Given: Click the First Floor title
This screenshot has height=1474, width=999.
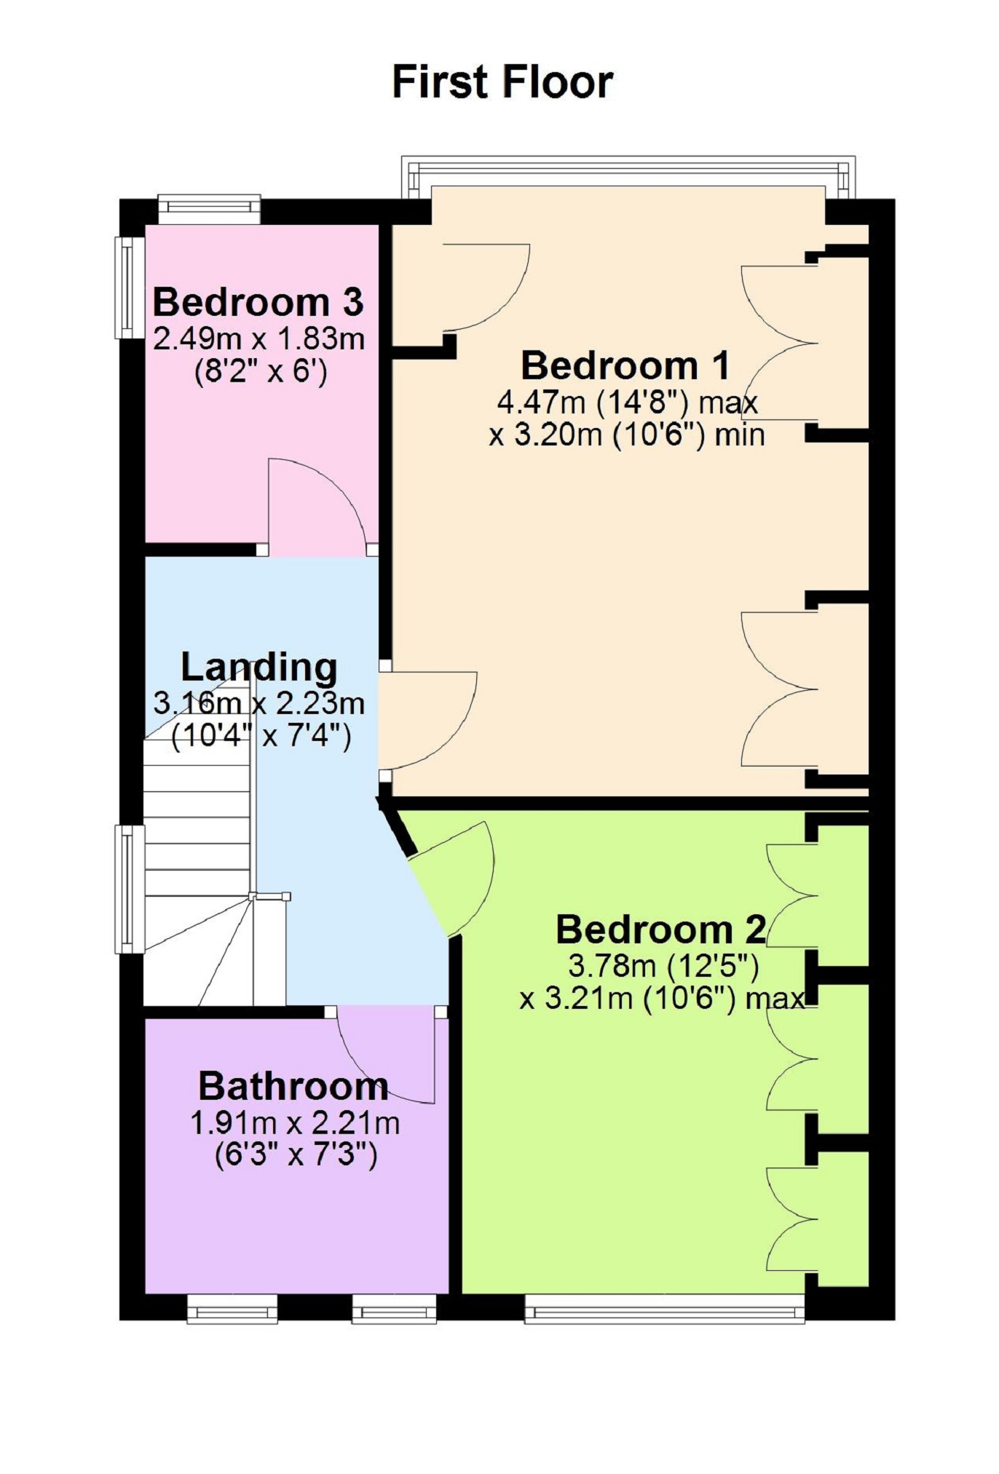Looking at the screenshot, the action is point(502,82).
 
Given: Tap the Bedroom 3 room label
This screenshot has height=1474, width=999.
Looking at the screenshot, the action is point(258,302).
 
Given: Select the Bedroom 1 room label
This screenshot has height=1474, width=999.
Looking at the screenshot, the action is point(625,365).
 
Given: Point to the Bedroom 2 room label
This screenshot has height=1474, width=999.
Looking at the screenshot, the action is point(661,930).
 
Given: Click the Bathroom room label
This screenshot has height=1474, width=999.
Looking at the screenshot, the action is point(293,1087).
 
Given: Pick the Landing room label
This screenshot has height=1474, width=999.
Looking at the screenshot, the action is point(259,667).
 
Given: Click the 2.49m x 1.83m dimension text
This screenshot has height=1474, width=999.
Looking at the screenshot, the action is point(258,339).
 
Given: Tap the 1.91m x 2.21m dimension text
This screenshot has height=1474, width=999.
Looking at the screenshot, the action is point(295,1123).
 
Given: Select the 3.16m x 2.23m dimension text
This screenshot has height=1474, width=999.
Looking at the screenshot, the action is point(258,703).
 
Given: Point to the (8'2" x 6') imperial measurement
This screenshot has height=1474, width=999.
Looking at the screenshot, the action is point(259,373).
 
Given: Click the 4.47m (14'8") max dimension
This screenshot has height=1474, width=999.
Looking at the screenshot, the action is point(628,402).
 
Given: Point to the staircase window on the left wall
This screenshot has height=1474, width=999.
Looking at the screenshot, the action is point(130,889).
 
